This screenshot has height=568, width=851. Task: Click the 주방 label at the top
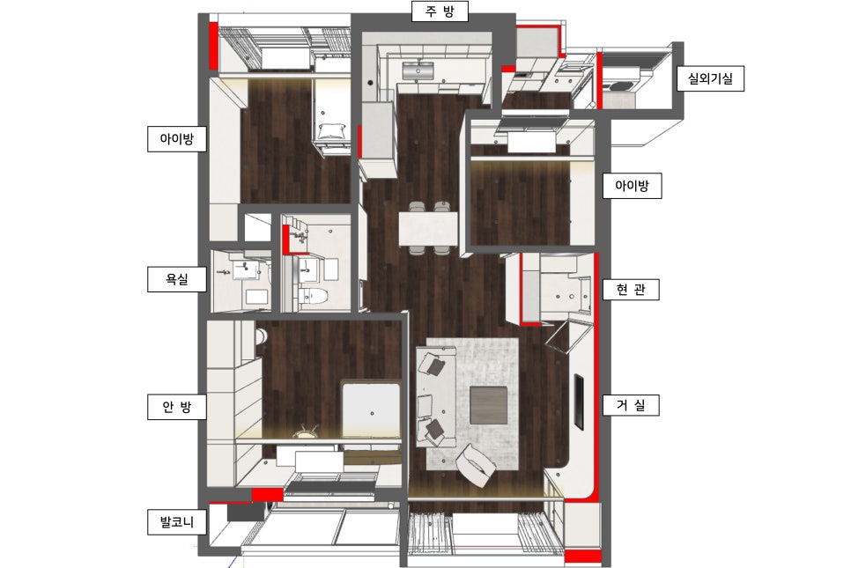coord(440,11)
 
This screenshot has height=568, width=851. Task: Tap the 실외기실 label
coord(710,78)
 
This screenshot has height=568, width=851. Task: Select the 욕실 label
coord(177,279)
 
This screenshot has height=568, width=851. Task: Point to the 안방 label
coord(177,406)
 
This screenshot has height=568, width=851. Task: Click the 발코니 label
coord(177,522)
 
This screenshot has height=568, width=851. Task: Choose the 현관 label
coord(631,289)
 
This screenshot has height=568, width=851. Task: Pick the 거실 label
coord(631,405)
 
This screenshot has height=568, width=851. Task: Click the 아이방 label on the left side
coord(177,139)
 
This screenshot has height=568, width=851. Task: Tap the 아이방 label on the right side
coord(633,186)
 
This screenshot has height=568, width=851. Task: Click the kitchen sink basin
coord(418,70)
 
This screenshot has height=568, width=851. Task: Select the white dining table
coord(428,228)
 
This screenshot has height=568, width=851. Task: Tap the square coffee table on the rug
coord(488,405)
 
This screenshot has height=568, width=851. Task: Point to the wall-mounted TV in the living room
coord(580,402)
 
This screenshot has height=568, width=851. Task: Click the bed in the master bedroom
coord(371,409)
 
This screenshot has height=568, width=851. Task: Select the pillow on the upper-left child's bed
coord(331,131)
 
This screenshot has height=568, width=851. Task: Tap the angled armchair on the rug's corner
coord(476,466)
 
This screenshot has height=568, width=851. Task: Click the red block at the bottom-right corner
coord(583,557)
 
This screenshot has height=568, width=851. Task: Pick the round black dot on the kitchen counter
coord(371,83)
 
